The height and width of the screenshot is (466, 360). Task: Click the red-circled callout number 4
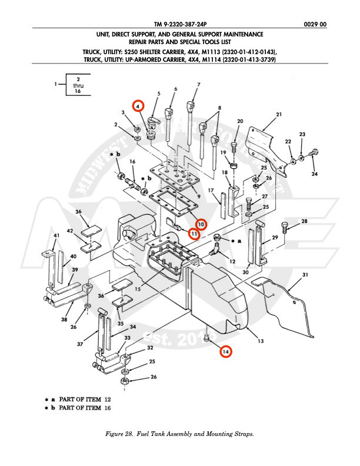click(138, 106)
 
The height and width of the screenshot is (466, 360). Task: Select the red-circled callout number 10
click(201, 224)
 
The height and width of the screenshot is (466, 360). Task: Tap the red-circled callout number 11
click(194, 234)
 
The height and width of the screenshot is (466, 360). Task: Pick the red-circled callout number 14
click(226, 351)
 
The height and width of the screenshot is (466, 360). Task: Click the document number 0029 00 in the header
click(315, 24)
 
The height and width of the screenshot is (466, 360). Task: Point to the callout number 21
click(279, 114)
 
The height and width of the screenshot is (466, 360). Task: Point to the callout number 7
click(198, 85)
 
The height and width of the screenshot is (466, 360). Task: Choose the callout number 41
click(57, 236)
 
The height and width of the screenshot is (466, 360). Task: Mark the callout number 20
click(239, 121)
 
